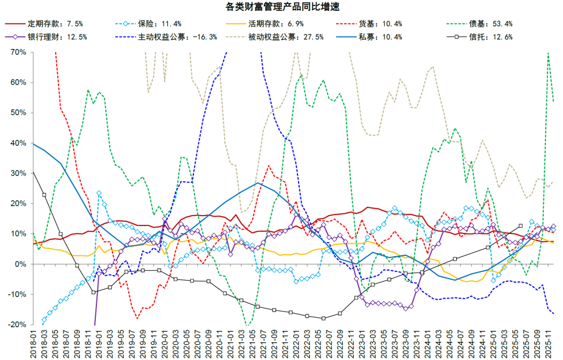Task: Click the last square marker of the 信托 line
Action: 520,226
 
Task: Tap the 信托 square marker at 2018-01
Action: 33,172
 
